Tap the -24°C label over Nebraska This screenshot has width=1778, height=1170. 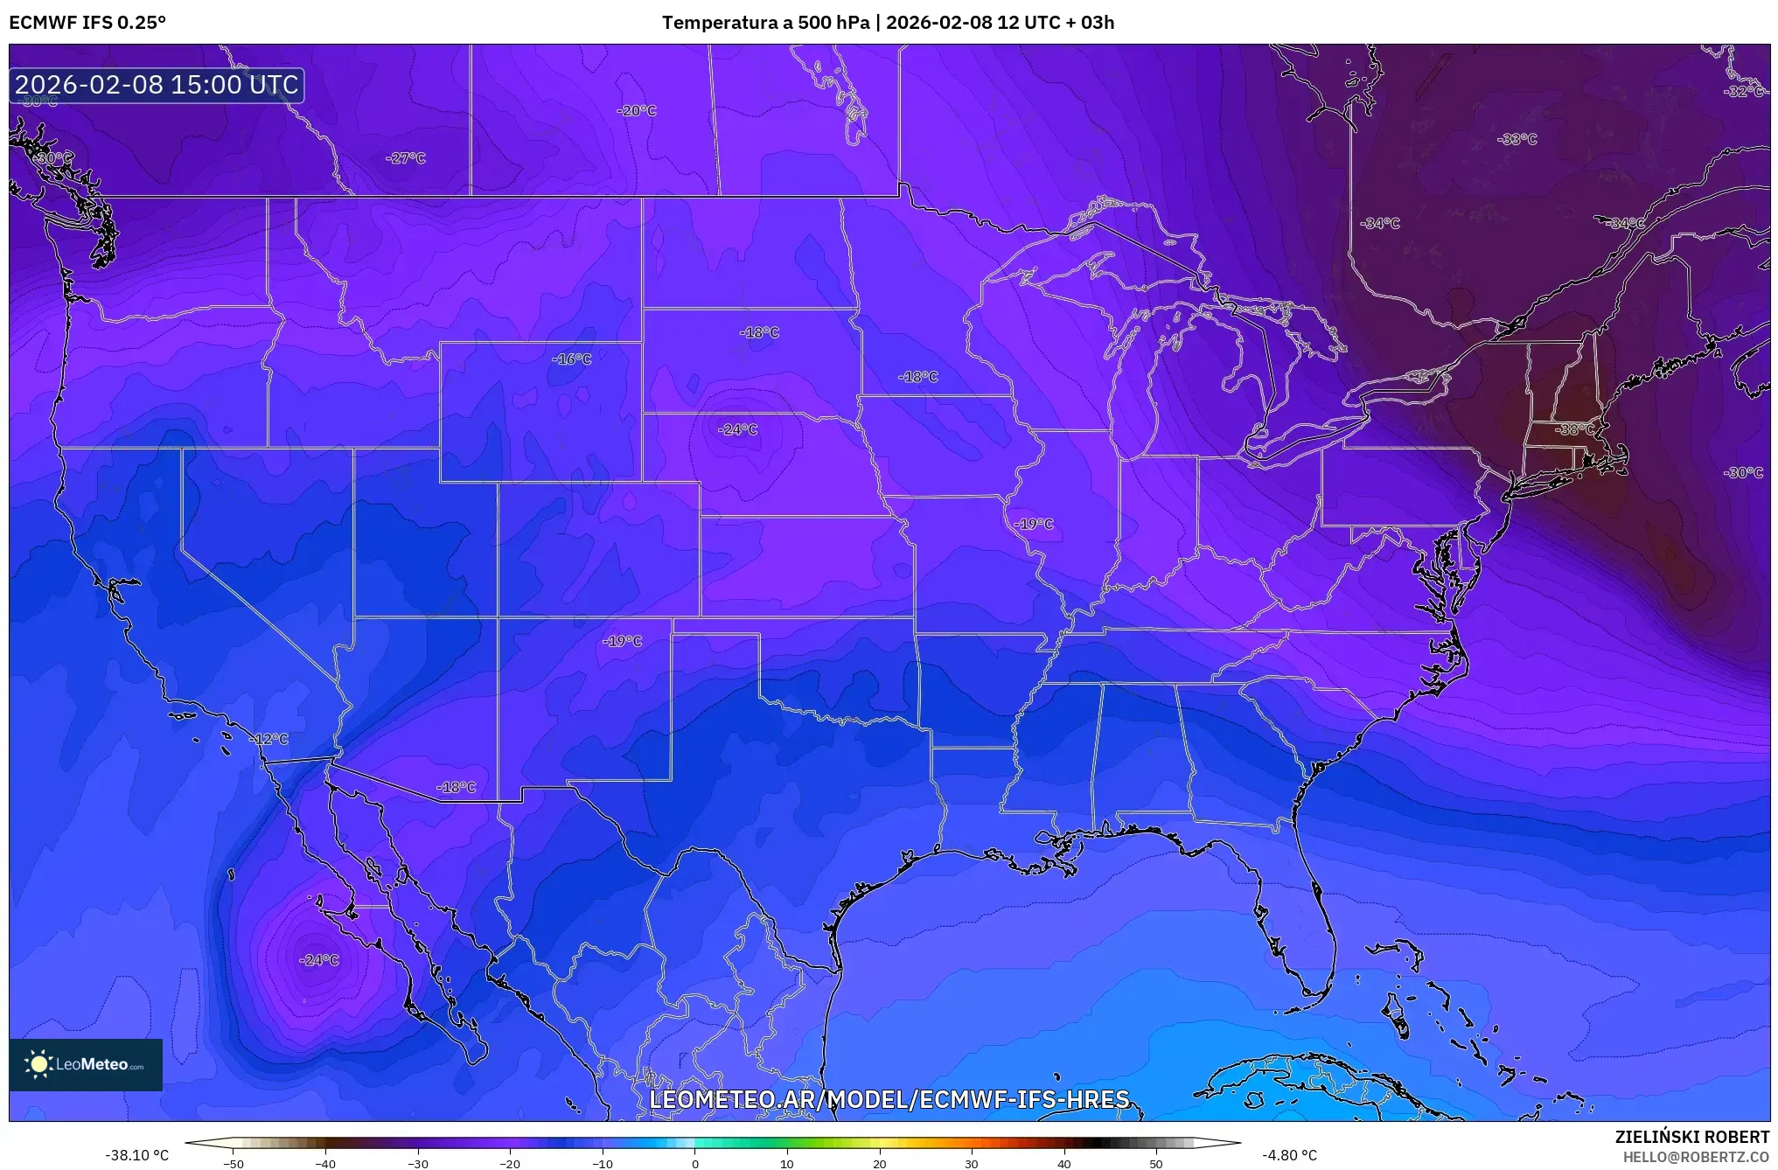coord(737,429)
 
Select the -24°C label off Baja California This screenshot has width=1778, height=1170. coord(318,960)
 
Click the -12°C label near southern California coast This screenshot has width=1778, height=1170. coord(268,739)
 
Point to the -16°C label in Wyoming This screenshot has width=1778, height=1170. coord(571,359)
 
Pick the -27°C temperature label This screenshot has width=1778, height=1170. coord(405,158)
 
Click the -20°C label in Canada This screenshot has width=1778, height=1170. coord(636,111)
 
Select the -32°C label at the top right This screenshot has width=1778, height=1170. coord(1744,92)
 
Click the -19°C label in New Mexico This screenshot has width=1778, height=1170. coord(622,641)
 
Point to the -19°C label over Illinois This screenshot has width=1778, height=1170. coord(1034,524)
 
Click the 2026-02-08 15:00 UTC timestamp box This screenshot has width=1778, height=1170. coord(157,85)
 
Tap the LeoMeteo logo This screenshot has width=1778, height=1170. coord(86,1064)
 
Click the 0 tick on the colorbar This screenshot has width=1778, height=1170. coord(695,1163)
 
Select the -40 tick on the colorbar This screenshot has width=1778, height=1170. coord(325,1163)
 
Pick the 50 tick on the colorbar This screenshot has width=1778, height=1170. coord(1156,1163)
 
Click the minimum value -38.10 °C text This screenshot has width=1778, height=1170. coord(137,1155)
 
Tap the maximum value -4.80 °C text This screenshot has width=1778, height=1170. coord(1289,1155)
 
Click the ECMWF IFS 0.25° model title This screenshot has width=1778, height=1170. coord(87,22)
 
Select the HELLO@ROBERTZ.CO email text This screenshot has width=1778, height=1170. coord(1696,1157)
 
